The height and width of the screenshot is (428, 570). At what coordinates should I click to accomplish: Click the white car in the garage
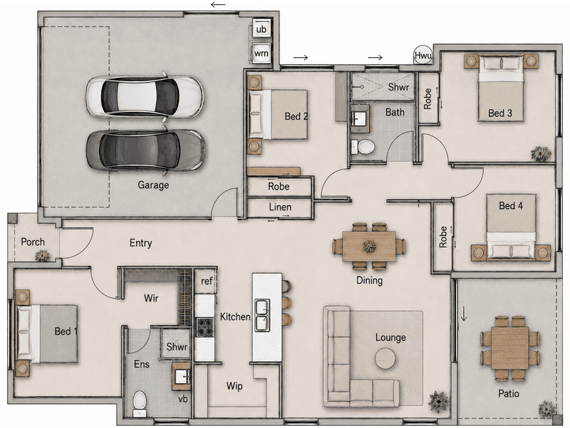[x=145, y=96]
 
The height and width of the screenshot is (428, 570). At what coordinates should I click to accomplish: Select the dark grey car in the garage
[x=145, y=150]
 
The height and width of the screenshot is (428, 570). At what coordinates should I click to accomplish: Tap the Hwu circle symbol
[x=423, y=56]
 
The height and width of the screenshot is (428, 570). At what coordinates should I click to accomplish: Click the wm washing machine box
[x=261, y=53]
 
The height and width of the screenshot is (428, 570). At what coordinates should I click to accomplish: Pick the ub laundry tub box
[x=261, y=29]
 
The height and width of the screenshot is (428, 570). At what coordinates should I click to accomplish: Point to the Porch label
[x=33, y=242]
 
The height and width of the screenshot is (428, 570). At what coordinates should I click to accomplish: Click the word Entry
[x=140, y=243]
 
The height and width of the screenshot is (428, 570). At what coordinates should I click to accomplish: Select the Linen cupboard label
[x=280, y=207]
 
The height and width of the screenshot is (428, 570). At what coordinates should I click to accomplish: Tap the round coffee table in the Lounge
[x=385, y=359]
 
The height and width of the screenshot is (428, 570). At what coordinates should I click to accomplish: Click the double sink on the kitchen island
[x=262, y=315]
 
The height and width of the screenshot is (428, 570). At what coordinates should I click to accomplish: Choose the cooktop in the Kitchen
[x=205, y=327]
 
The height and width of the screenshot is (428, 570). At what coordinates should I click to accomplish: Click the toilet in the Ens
[x=139, y=403]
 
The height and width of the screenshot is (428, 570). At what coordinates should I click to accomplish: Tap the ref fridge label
[x=207, y=281]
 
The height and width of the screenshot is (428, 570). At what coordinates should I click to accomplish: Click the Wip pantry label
[x=234, y=386]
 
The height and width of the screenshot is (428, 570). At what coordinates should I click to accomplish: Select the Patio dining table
[x=509, y=348]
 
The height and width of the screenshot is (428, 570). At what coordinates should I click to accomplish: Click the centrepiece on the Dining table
[x=369, y=246]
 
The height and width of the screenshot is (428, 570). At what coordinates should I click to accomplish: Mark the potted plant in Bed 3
[x=541, y=153]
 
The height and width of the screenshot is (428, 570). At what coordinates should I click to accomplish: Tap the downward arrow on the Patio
[x=464, y=314]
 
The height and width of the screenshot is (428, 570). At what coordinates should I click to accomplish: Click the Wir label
[x=151, y=298]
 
